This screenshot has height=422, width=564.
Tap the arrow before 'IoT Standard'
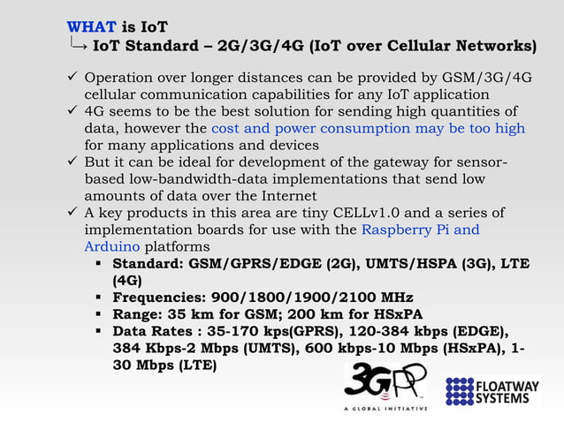click(78, 43)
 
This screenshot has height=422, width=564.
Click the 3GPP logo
click(385, 385)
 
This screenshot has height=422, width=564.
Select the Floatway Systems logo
click(492, 389)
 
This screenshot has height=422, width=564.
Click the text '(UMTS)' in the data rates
click(256, 348)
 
